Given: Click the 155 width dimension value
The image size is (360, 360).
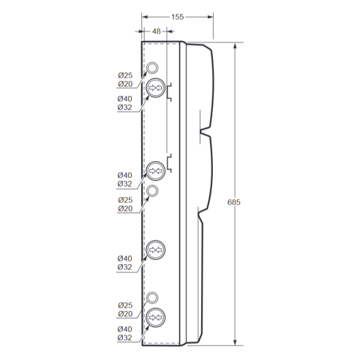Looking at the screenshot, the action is click(x=177, y=17).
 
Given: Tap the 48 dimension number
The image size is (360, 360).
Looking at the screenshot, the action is click(x=157, y=31).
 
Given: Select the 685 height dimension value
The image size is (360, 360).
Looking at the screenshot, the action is click(x=233, y=202).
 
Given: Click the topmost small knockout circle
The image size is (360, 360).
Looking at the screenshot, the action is click(x=152, y=68).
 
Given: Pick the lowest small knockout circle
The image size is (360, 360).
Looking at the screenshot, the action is click(x=152, y=298).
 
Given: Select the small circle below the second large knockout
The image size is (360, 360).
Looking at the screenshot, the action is click(x=152, y=191).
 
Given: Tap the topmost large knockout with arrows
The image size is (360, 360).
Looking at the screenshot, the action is click(x=155, y=88).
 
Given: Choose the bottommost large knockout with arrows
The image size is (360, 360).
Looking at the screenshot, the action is click(x=155, y=318).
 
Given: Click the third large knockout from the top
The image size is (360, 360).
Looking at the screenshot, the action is click(x=155, y=250).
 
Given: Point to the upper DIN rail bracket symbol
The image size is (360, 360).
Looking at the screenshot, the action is click(x=169, y=92).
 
